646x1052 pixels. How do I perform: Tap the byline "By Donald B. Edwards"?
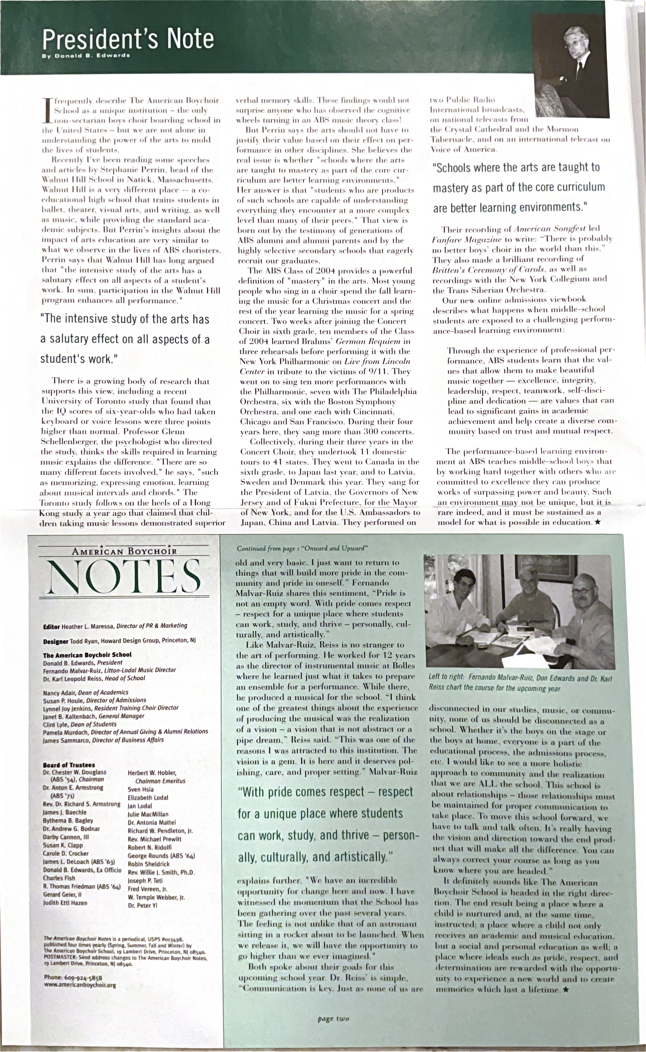pos(86,56)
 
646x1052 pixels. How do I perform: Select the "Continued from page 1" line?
pos(302,548)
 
